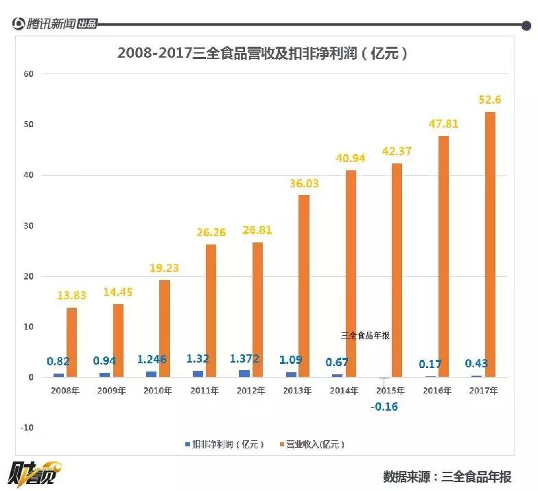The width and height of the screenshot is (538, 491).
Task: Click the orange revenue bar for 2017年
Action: tap(490, 244)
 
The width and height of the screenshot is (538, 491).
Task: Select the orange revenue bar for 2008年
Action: tap(71, 342)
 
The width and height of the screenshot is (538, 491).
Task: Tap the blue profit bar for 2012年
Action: tap(244, 373)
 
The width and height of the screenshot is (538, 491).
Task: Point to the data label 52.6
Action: tap(490, 100)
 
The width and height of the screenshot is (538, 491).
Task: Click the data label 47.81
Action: tap(443, 124)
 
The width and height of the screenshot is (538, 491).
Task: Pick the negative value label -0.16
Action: tap(384, 407)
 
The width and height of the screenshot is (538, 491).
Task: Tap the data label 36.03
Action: tap(304, 183)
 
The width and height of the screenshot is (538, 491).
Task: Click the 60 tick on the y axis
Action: tap(28, 73)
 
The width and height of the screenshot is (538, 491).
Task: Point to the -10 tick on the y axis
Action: tap(27, 428)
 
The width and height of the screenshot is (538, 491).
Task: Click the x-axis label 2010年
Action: tap(158, 391)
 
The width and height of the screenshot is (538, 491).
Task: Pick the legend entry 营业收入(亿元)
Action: tap(316, 444)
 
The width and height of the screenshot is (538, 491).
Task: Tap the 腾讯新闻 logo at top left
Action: tap(55, 24)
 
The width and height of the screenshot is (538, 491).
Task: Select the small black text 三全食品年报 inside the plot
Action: tap(365, 336)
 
